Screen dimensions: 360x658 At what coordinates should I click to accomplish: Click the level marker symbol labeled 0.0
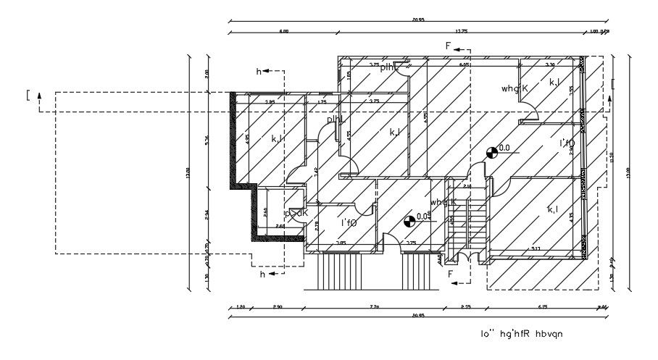492,151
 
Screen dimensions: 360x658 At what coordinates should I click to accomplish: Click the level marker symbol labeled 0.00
409,219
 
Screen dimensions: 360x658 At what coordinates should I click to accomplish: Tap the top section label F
449,46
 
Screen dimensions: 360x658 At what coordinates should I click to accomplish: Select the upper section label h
259,71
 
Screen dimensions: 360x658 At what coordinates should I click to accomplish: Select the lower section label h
262,274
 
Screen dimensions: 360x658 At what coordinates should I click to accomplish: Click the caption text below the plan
521,334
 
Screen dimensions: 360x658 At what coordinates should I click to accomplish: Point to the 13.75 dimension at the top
461,31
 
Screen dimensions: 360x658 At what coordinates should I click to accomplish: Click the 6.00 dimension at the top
284,31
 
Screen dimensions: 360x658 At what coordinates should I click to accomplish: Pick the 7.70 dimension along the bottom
374,308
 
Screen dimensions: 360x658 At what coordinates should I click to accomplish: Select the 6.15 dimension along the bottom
542,308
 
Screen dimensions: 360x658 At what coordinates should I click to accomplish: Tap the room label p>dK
296,213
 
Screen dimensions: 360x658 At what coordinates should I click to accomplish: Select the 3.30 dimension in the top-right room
549,65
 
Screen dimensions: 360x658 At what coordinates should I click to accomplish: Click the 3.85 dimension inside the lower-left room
341,243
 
